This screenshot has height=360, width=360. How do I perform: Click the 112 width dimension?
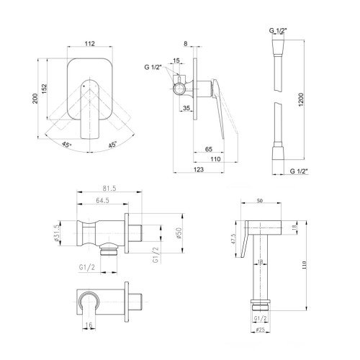90,43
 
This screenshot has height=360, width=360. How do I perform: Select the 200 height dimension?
35,99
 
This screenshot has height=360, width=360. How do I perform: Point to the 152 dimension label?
45,89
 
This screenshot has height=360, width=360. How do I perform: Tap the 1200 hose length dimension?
301,99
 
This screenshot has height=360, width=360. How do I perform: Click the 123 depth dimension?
199,169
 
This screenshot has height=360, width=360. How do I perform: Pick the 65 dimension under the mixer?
209,149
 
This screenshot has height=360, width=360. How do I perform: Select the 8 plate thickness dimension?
186,44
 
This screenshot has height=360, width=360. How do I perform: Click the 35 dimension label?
186,108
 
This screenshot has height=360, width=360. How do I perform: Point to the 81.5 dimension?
109,189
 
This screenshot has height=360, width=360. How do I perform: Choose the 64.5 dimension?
102,200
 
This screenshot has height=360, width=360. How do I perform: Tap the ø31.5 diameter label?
57,233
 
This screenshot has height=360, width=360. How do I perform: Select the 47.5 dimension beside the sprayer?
233,239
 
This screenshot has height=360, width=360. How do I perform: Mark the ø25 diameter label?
260,330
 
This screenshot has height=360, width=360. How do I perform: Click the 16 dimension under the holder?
89,325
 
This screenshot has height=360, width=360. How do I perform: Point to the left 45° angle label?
66,145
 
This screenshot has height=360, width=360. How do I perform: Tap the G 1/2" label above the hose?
278,30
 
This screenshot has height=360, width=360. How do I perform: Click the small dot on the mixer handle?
84,86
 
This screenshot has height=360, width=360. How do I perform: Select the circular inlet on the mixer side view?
179,89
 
